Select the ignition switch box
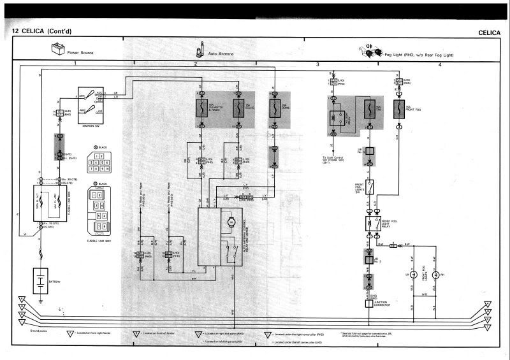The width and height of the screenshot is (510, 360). click(91, 101)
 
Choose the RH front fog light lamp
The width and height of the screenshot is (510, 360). click(436, 275)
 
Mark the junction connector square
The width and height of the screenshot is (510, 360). click(368, 304)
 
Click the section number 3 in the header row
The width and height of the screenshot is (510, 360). click(317, 65)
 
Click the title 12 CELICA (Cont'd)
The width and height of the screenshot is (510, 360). click(43, 31)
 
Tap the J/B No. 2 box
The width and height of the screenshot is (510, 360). click(369, 259)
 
